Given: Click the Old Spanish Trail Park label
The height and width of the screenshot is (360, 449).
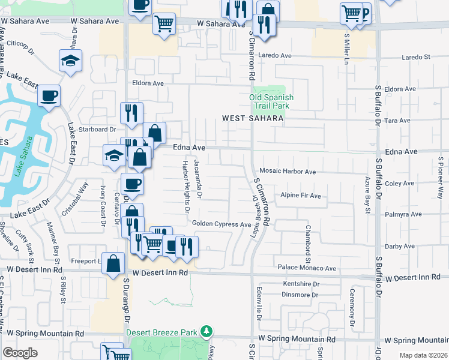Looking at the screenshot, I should tap(271, 101).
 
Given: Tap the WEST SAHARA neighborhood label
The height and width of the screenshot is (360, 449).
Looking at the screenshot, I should tap(252, 119).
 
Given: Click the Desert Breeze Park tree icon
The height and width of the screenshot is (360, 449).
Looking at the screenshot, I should tap(206, 331).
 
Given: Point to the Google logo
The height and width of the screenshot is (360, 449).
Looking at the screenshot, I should tap(20, 353).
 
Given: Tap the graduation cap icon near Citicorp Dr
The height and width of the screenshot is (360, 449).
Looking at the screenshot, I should tap(70, 61).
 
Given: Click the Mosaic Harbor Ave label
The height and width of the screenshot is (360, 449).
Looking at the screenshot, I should tap(288, 172).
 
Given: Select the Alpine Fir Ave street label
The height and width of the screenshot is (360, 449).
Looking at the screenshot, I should tap(301, 196).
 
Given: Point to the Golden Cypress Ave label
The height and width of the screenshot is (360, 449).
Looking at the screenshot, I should tap(221, 224).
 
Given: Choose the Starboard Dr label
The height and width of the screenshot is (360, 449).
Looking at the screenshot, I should tap(100, 129).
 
